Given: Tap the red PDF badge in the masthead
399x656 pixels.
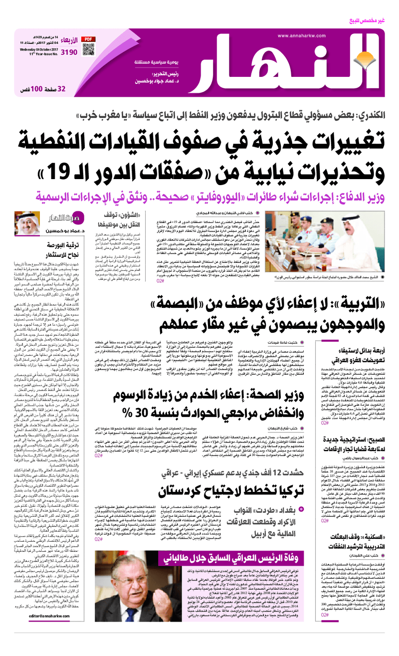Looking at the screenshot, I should coord(88,38).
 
